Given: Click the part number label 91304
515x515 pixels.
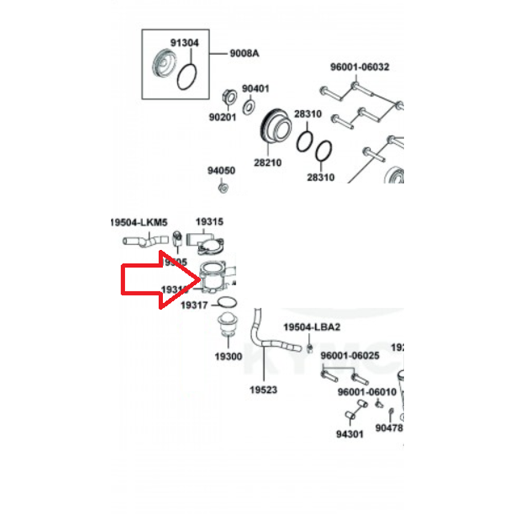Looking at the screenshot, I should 184,43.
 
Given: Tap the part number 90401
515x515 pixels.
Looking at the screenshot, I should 255,89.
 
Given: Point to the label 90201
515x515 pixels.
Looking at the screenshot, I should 222,117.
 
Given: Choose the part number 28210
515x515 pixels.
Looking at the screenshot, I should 267,163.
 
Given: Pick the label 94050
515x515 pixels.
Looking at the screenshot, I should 221,170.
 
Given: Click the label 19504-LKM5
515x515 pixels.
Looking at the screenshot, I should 139,222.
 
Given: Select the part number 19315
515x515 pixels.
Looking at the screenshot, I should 209,221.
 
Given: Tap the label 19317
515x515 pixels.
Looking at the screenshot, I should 194,305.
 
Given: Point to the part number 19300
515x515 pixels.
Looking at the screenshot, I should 228,356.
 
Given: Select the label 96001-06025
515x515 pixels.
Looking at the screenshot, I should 350,356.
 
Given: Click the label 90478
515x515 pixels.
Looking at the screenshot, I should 389,427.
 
